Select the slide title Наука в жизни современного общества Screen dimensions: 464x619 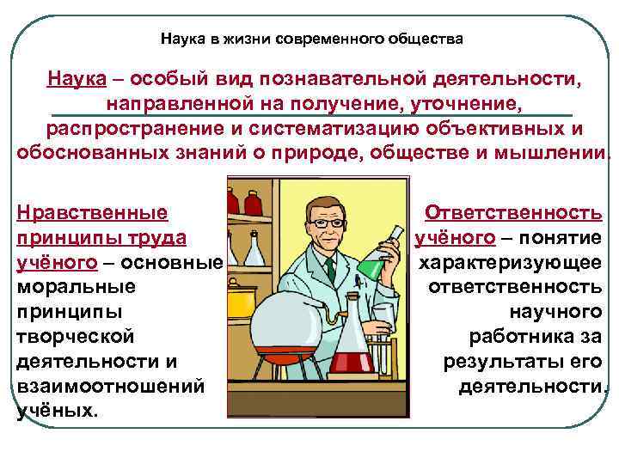tap(312, 39)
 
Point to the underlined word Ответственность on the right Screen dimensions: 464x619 tap(514, 212)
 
